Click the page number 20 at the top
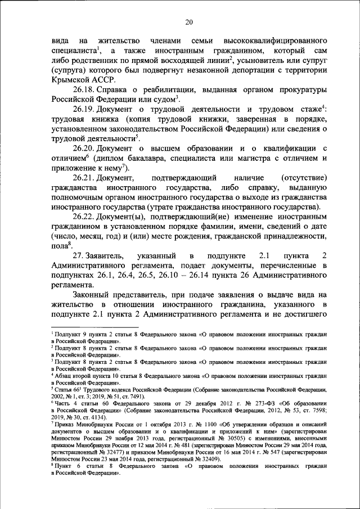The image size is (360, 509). pos(189,22)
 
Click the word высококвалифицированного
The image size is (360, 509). pos(274,41)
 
